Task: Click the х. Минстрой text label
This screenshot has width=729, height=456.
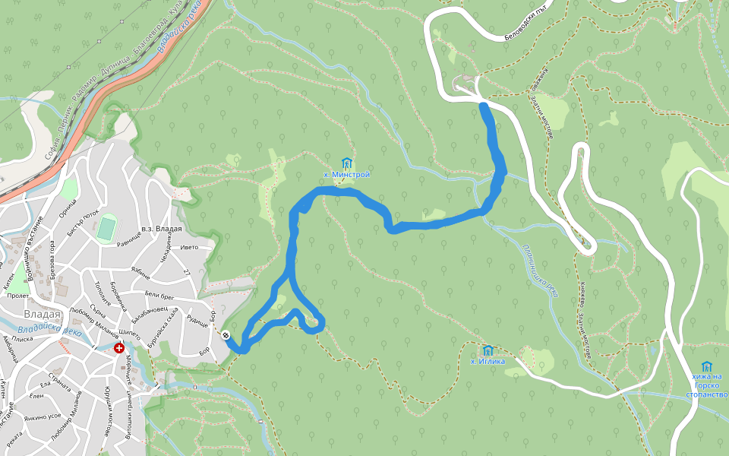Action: (347, 175)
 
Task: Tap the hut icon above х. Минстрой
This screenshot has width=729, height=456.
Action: (347, 163)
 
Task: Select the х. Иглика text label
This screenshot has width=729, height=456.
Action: (488, 362)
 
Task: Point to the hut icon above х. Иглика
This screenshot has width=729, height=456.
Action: (488, 350)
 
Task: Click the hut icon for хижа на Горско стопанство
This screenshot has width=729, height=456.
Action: (706, 366)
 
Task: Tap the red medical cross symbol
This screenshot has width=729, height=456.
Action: (119, 348)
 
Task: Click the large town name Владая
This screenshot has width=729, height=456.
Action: (43, 314)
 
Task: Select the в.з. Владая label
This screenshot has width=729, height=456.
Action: (162, 230)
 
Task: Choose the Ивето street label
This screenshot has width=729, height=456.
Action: (189, 247)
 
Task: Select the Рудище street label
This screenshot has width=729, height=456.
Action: (197, 321)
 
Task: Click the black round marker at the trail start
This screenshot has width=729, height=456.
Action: (226, 335)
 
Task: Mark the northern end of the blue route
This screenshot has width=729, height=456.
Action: (484, 106)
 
